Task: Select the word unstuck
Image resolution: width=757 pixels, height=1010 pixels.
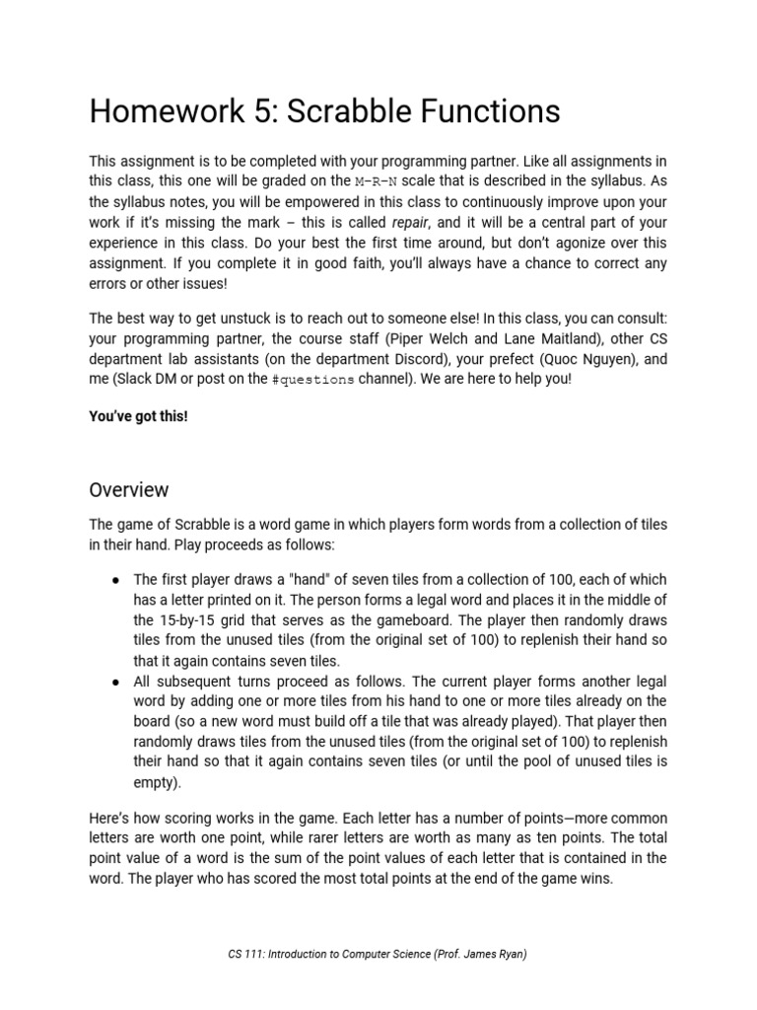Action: tap(261, 320)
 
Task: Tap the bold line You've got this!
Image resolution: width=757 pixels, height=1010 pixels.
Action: tap(138, 416)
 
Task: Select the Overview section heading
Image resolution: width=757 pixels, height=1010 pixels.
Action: tap(129, 490)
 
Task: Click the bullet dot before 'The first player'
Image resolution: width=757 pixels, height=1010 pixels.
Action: tap(115, 580)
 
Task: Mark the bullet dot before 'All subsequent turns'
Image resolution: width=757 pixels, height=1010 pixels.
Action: tap(115, 683)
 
